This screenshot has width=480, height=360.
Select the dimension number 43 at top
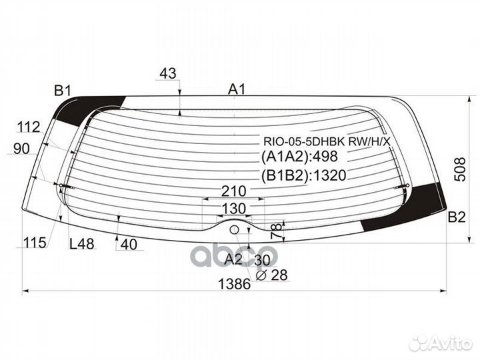(x=168, y=73)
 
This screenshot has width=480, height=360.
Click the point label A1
(x=237, y=88)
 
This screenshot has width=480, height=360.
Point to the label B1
(x=63, y=90)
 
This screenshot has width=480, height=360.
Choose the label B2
(x=457, y=216)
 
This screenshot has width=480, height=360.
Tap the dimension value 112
(x=29, y=127)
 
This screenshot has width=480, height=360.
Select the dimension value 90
(x=21, y=149)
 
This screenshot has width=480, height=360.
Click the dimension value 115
(x=33, y=243)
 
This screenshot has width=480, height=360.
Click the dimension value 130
(x=234, y=209)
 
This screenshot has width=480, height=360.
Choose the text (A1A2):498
(x=299, y=157)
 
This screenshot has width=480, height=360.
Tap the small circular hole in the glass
(x=234, y=230)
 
